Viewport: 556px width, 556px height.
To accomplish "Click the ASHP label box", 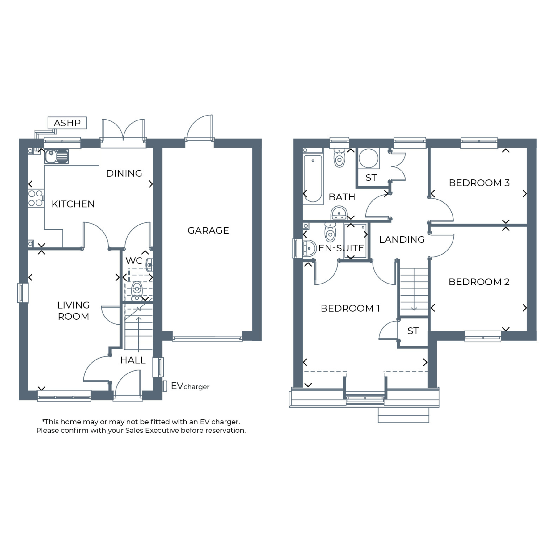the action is (67, 123).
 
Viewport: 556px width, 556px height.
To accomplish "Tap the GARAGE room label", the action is (208, 230).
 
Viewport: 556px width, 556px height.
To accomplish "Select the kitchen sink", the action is (57, 156).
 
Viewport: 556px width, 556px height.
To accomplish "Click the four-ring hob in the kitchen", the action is (36, 198).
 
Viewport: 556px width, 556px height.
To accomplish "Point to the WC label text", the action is (134, 261).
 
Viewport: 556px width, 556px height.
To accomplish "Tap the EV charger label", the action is (190, 386).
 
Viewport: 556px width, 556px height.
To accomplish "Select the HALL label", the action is (133, 360).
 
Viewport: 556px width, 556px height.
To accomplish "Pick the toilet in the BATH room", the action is (339, 158).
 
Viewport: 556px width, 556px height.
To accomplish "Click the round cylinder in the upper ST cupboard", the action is (369, 158).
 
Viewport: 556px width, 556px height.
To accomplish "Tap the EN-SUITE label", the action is (341, 248).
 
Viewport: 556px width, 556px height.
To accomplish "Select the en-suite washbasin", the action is (309, 248).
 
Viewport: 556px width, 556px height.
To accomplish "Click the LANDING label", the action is (402, 240).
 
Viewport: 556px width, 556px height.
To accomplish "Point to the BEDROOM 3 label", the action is (479, 183).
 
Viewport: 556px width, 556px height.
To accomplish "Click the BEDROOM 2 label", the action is (479, 282).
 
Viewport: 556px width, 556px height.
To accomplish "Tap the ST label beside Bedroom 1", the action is (413, 331).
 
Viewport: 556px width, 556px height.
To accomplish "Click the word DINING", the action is (124, 174).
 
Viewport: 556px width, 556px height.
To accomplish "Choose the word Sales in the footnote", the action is (135, 430).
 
